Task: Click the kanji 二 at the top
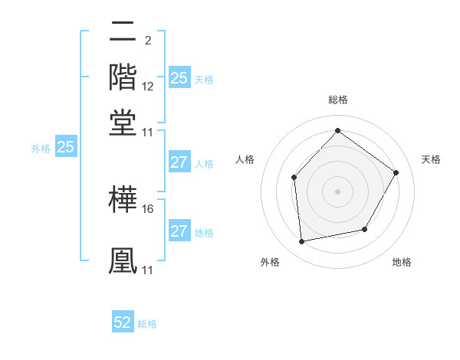click(x=124, y=32)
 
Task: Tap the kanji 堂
click(x=124, y=124)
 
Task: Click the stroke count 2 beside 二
click(x=147, y=41)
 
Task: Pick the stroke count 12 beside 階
click(x=148, y=87)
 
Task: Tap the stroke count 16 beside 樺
click(x=148, y=208)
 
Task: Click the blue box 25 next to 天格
click(x=179, y=78)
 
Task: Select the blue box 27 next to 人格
click(x=179, y=162)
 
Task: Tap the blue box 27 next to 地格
click(x=179, y=231)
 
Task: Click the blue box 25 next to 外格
click(x=65, y=147)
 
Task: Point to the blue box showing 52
click(x=123, y=322)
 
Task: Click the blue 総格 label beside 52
click(x=147, y=324)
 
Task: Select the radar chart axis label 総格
click(x=337, y=100)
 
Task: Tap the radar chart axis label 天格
click(x=431, y=159)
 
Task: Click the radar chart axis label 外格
click(x=270, y=262)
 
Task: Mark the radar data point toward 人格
click(x=294, y=178)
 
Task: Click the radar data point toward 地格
click(x=365, y=229)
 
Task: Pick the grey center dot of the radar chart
click(x=337, y=191)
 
